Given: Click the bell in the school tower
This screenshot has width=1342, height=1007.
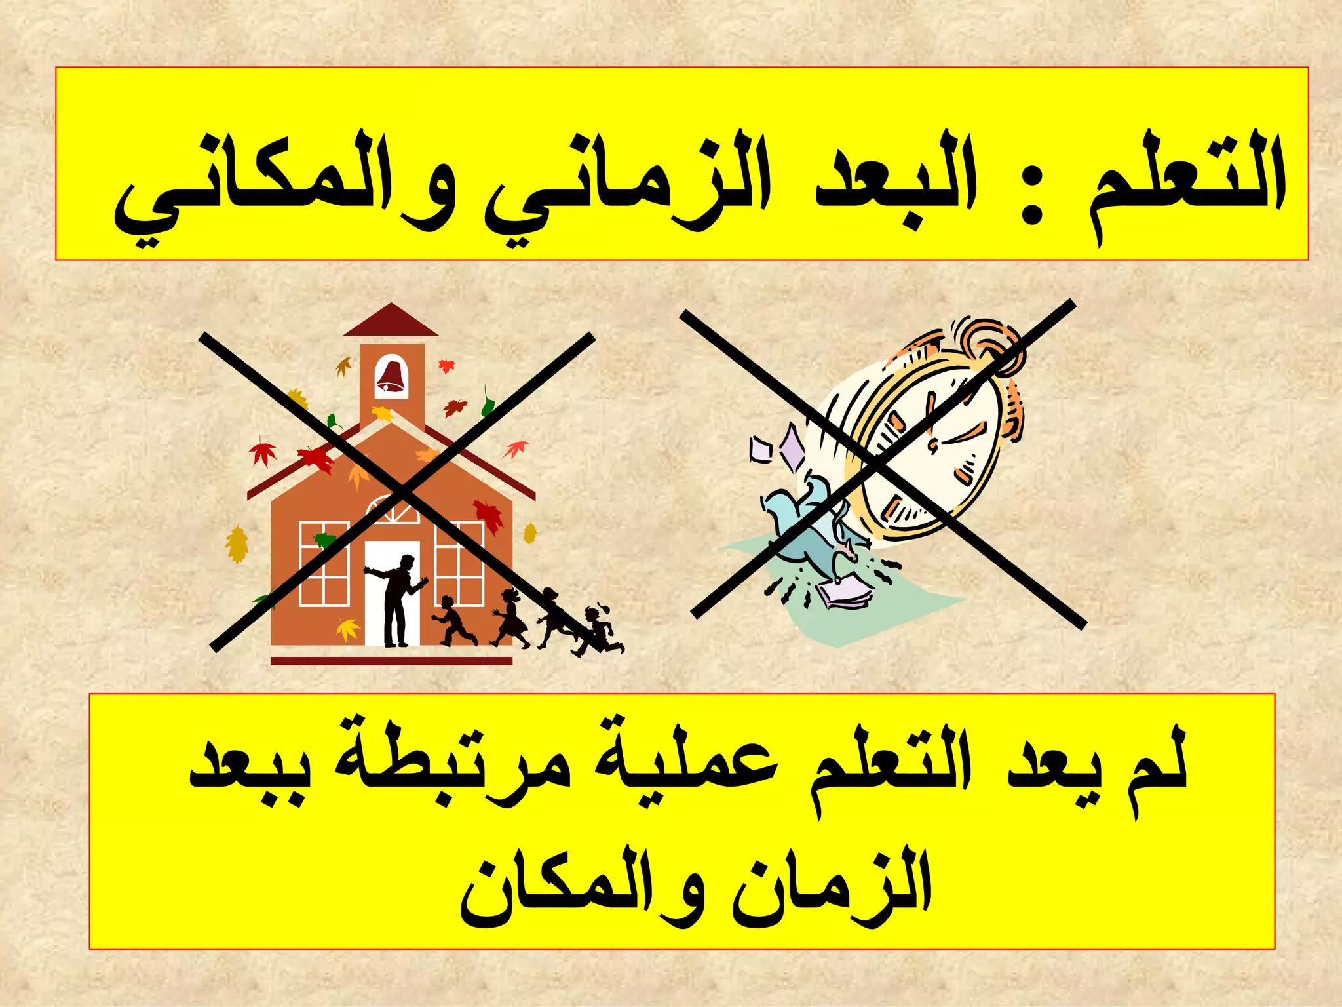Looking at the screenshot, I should (391, 377).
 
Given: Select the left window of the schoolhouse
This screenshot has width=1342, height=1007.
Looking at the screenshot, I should (324, 564).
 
